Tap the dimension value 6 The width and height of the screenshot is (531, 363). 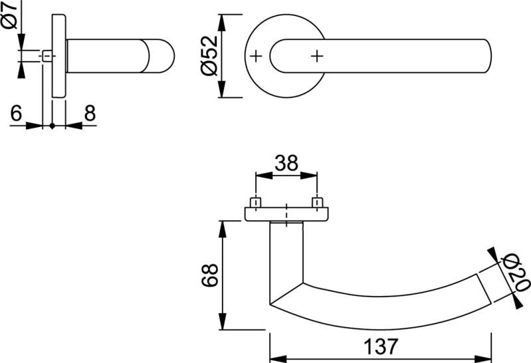[17, 114]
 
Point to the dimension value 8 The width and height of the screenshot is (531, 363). [89, 114]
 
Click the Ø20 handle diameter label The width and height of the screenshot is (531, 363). [516, 274]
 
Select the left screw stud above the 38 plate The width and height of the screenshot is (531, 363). [255, 201]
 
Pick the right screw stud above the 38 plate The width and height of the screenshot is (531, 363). [317, 201]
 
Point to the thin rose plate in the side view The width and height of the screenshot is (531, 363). [58, 57]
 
